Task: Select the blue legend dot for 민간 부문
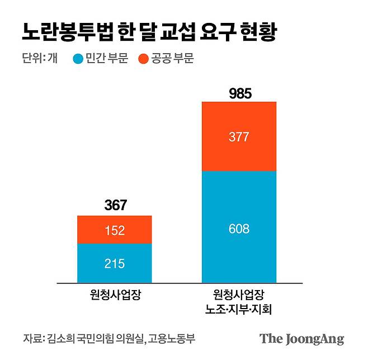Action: [78, 59]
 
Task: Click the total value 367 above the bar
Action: [115, 205]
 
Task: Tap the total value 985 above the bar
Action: [240, 93]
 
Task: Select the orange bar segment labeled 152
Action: [114, 230]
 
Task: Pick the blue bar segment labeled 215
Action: [114, 263]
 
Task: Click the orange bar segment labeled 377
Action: [239, 136]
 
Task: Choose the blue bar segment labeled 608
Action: [239, 228]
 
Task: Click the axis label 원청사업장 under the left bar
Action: [115, 293]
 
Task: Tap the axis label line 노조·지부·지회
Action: [239, 308]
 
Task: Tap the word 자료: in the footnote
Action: [33, 339]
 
